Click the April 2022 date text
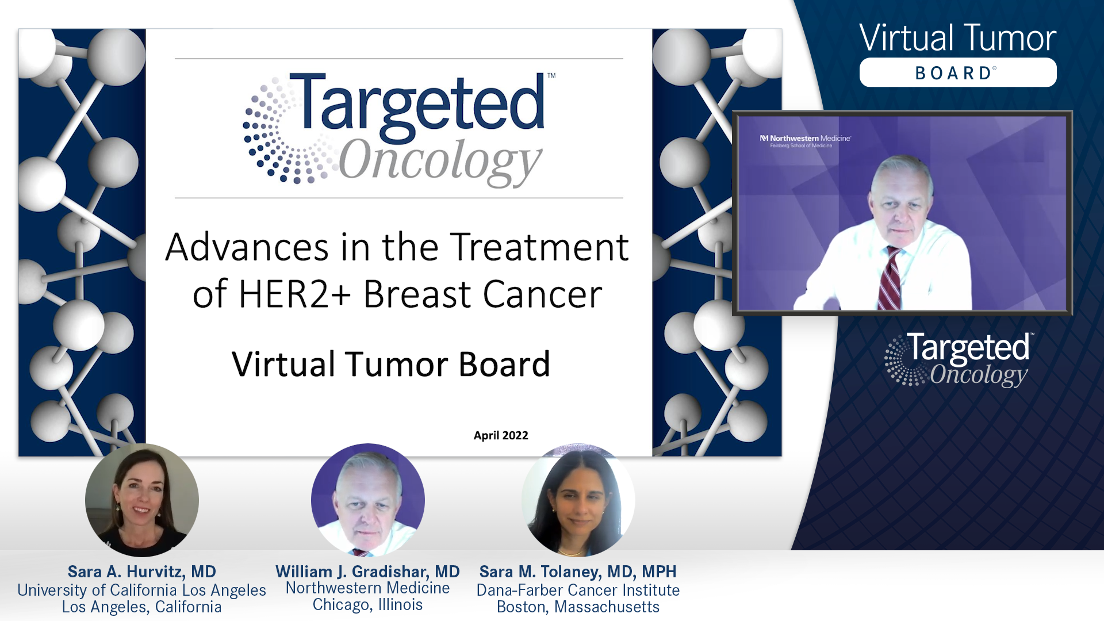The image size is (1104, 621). tap(501, 435)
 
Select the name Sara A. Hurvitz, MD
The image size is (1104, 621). tap(141, 572)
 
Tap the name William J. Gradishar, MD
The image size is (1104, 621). tap(367, 572)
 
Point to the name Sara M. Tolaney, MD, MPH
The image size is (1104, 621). tap(578, 572)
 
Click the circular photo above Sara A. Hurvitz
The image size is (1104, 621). tap(142, 500)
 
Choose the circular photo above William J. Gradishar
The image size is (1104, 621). tap(368, 500)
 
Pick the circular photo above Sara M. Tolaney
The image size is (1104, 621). tap(578, 500)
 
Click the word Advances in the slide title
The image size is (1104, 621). tap(247, 247)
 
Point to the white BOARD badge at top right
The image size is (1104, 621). tap(958, 73)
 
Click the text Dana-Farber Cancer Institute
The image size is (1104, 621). tap(578, 590)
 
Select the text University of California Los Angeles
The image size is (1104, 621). tap(141, 590)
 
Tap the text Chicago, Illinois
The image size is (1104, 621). tap(367, 605)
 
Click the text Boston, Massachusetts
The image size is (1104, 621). tap(578, 607)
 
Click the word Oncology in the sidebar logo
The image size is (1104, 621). tap(979, 375)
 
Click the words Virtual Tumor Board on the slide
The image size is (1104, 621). tap(391, 365)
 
